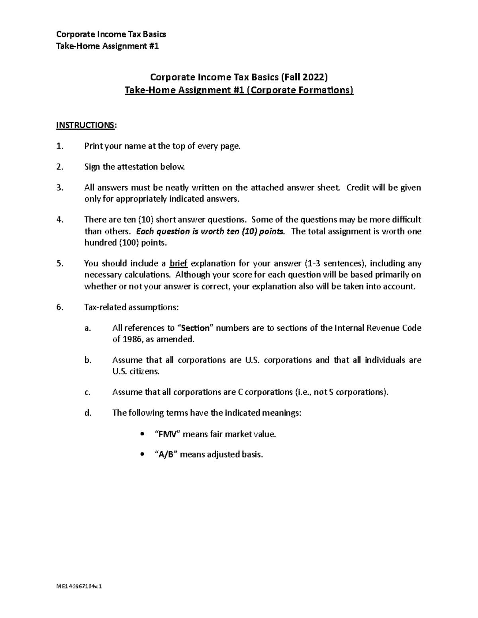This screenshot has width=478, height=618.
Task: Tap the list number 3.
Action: coord(59,187)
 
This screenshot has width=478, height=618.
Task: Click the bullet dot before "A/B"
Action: coord(142,454)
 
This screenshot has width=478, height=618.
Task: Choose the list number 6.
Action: coord(59,307)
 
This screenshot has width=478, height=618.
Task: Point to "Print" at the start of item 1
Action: coord(94,146)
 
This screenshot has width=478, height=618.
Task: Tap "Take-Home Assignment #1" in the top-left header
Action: coord(108,46)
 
